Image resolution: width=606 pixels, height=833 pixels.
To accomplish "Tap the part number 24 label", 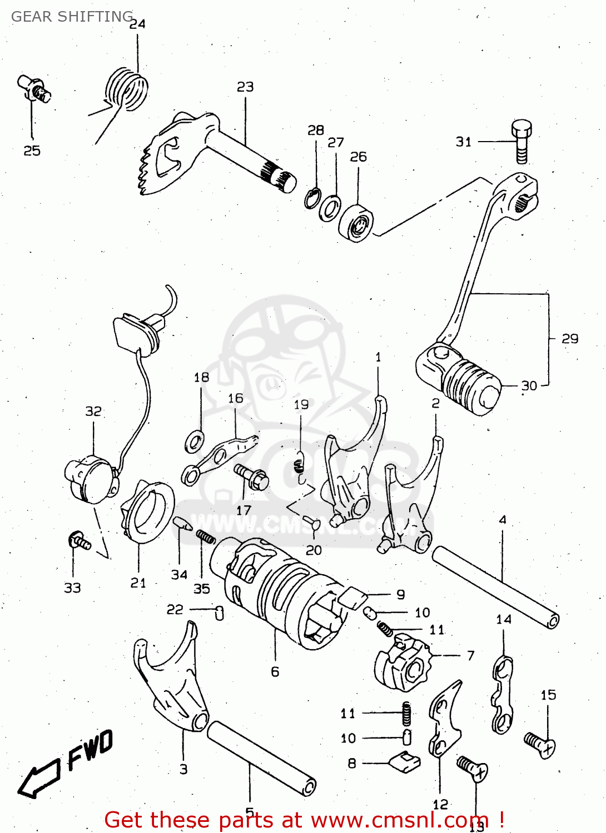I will click(x=137, y=24).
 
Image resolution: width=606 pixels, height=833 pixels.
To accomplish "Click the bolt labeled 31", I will click(x=521, y=142).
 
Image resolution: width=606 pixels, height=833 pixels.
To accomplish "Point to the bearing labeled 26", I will click(x=356, y=223).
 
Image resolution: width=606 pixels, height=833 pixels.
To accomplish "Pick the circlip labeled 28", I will click(x=312, y=198).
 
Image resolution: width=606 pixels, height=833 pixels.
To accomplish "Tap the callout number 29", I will click(x=570, y=339).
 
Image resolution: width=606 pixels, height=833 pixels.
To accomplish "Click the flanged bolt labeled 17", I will click(x=252, y=476).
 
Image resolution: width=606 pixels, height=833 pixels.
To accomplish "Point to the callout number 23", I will click(x=245, y=87).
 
